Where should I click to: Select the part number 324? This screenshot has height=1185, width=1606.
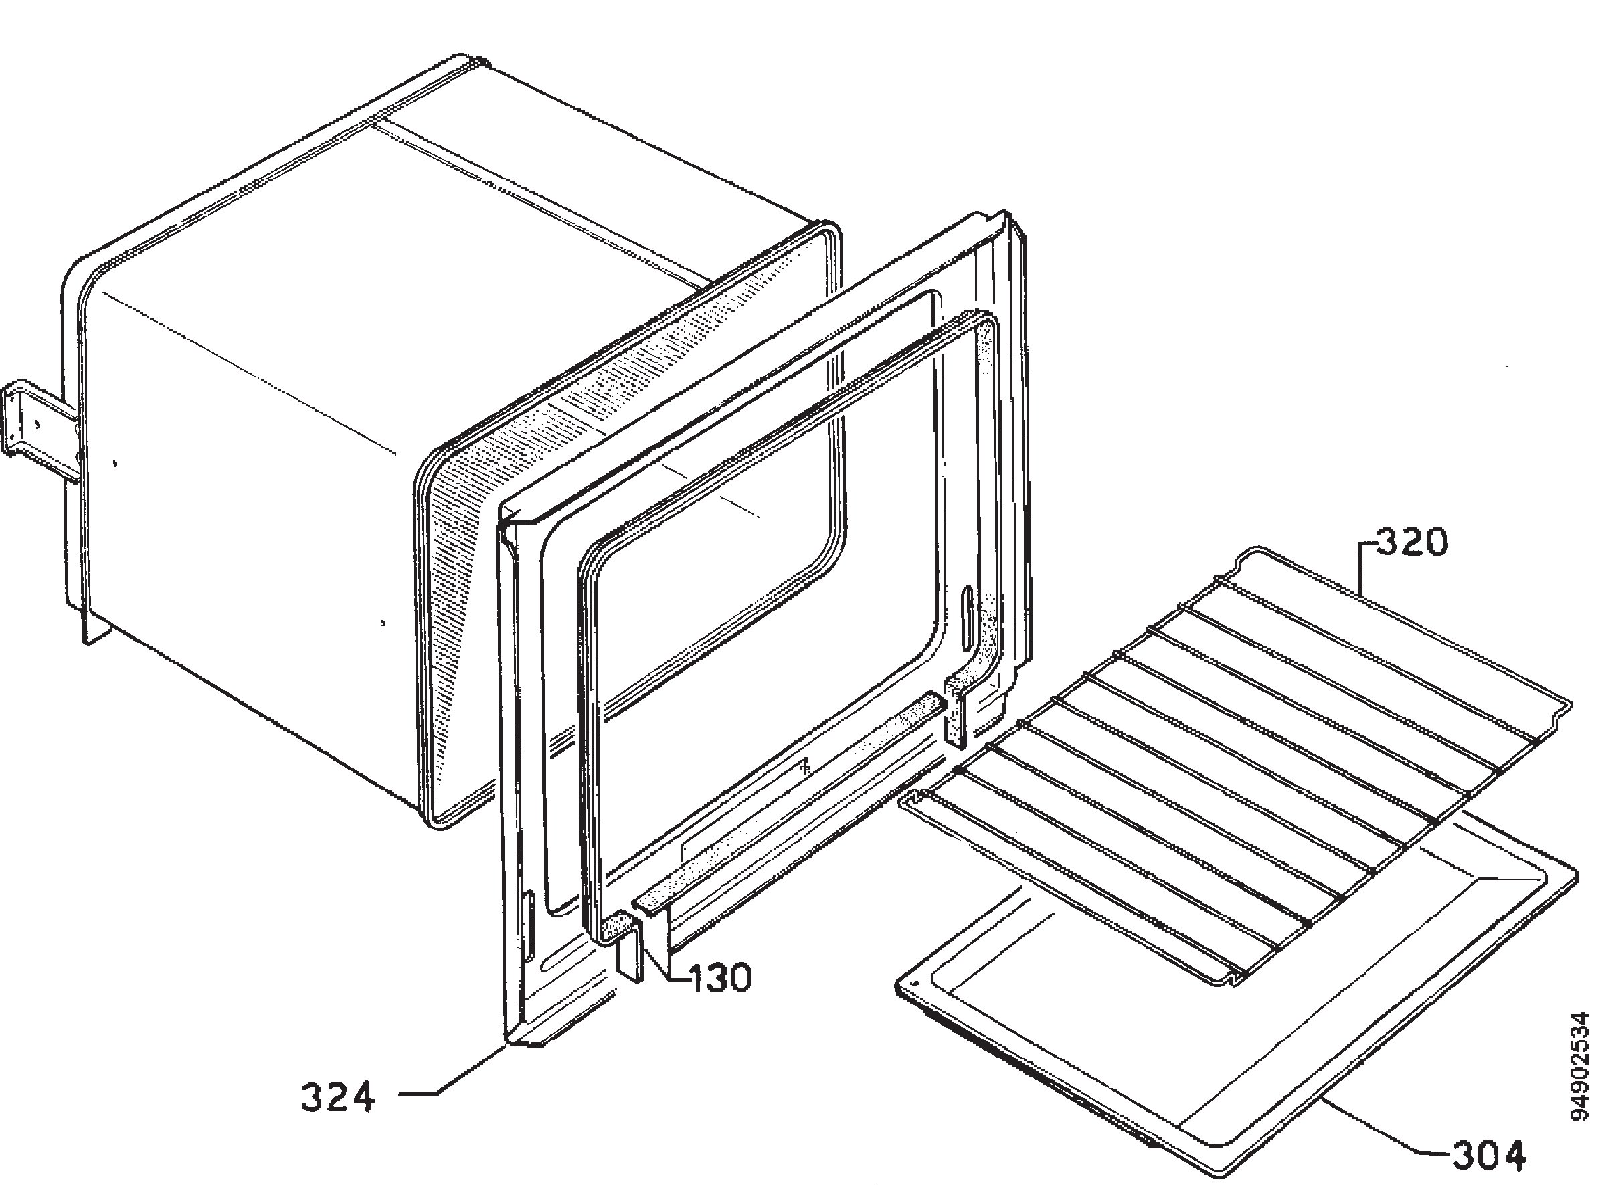pyautogui.click(x=337, y=1097)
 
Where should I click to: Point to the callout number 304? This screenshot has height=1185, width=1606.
pyautogui.click(x=1489, y=1156)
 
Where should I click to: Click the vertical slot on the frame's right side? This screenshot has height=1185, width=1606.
pyautogui.click(x=969, y=616)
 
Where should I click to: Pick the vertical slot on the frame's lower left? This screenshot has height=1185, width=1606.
pyautogui.click(x=529, y=925)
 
